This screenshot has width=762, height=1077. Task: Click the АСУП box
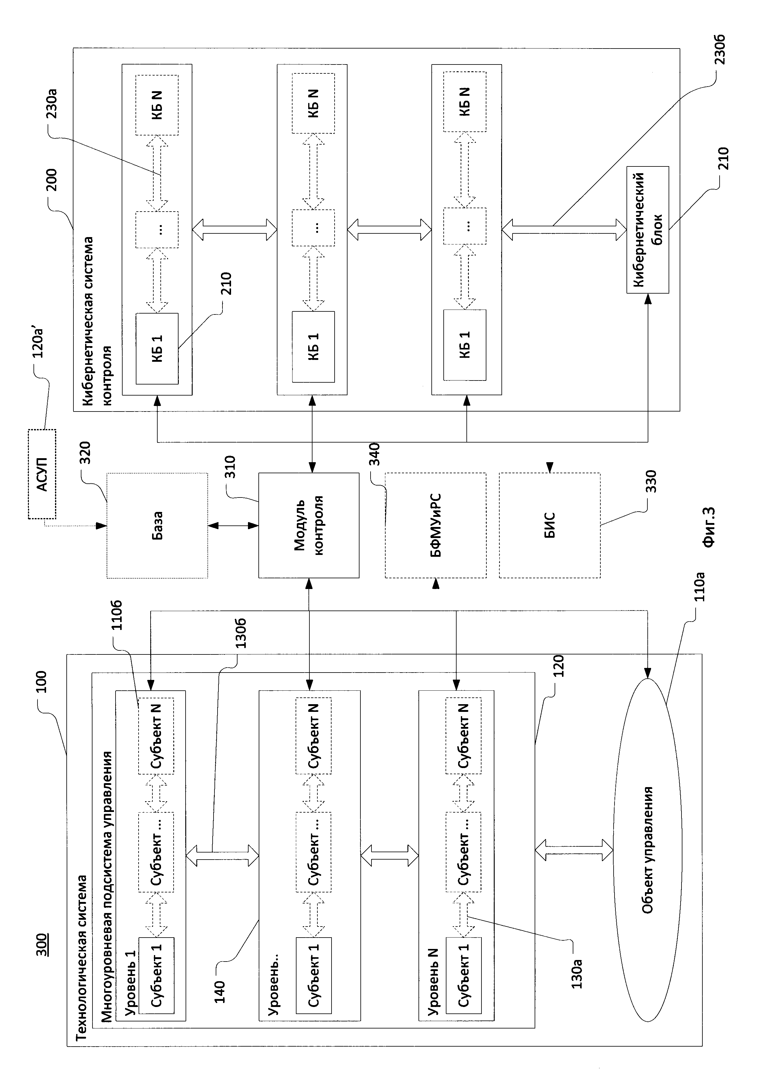click(x=42, y=474)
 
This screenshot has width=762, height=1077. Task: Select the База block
click(x=157, y=525)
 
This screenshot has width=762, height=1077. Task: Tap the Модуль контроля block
click(x=309, y=525)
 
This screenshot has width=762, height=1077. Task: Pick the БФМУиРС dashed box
click(x=435, y=525)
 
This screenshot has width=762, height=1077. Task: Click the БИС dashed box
click(x=549, y=525)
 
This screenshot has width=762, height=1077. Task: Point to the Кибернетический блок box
click(x=647, y=230)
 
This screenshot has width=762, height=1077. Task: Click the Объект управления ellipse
click(x=647, y=849)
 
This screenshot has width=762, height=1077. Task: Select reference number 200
click(x=51, y=180)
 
